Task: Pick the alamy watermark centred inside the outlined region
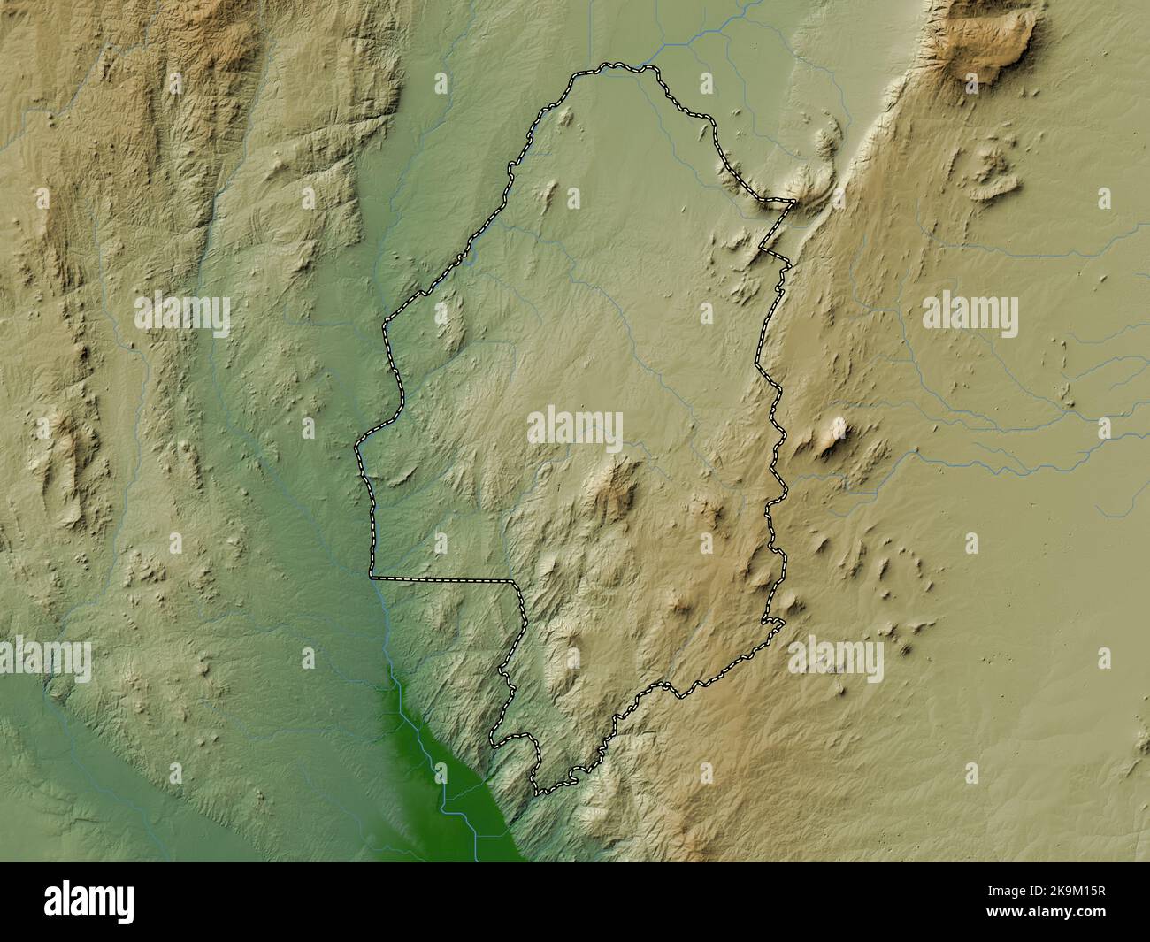coord(575,429)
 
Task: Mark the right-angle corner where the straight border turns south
coord(514,582)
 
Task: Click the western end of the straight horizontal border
coord(372,578)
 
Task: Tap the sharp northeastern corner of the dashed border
coord(793,203)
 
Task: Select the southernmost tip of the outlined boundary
coord(538,792)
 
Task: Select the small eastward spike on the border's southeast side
coord(780,624)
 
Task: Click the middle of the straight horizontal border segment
coord(442,580)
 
